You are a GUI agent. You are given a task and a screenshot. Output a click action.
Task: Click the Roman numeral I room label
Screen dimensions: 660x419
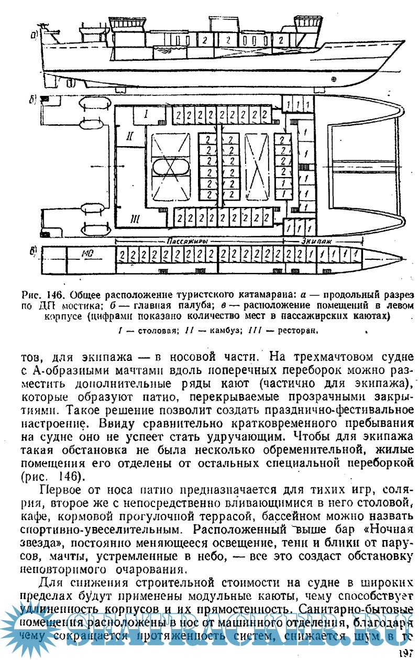point(147,113)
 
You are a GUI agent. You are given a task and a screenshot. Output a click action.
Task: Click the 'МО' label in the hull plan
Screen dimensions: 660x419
point(87,254)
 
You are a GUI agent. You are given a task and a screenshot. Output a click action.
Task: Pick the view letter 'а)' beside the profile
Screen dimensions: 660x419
point(35,36)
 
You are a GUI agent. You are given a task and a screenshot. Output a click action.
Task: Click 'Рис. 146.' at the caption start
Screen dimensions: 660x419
point(44,293)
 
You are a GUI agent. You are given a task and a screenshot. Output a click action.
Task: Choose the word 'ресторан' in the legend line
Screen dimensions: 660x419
point(297,331)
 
